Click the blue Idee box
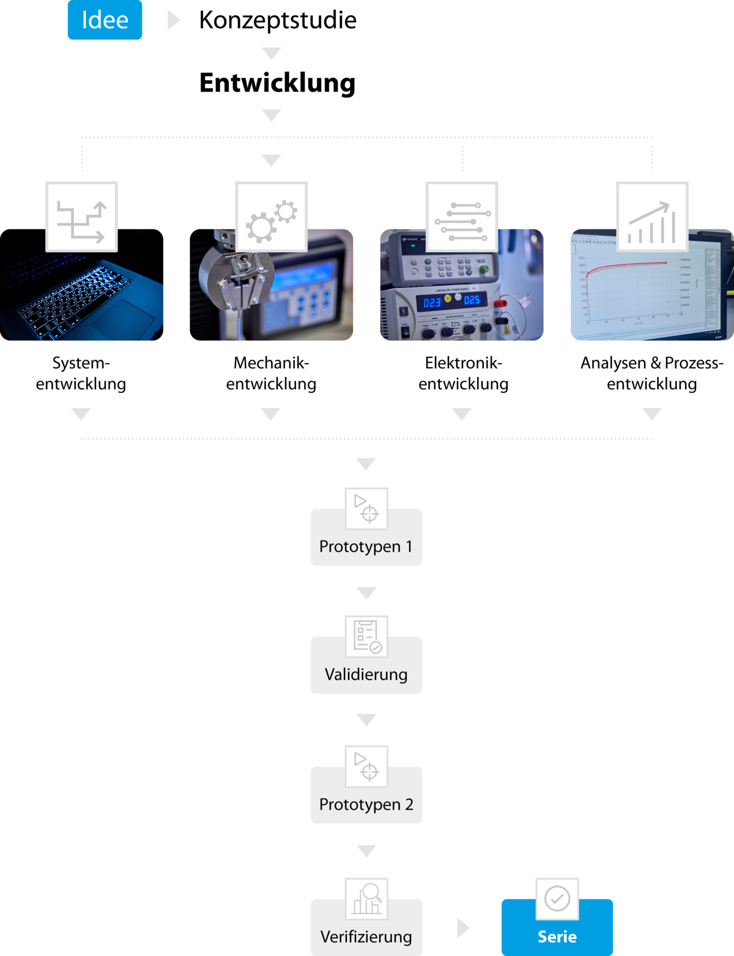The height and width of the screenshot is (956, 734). pos(105,20)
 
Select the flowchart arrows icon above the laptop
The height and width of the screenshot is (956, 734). pos(81,217)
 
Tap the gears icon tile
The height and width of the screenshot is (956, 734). pos(271,217)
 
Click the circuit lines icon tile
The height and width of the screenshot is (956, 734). pos(462,217)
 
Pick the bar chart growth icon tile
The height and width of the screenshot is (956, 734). pos(652,217)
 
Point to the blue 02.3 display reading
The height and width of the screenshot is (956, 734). pos(432,302)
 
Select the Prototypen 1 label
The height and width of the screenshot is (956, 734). pos(366,547)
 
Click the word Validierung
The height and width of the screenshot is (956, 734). pos(366,674)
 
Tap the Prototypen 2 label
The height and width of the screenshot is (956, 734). pos(366,804)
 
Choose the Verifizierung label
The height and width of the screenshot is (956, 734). pos(366,936)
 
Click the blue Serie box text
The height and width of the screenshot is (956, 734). pos(557,936)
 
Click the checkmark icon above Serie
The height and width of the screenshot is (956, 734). pos(557,898)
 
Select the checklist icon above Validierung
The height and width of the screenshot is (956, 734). pos(366,636)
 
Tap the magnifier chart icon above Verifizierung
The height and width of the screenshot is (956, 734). pos(366,898)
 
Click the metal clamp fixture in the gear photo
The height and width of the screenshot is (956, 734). pos(235,275)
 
